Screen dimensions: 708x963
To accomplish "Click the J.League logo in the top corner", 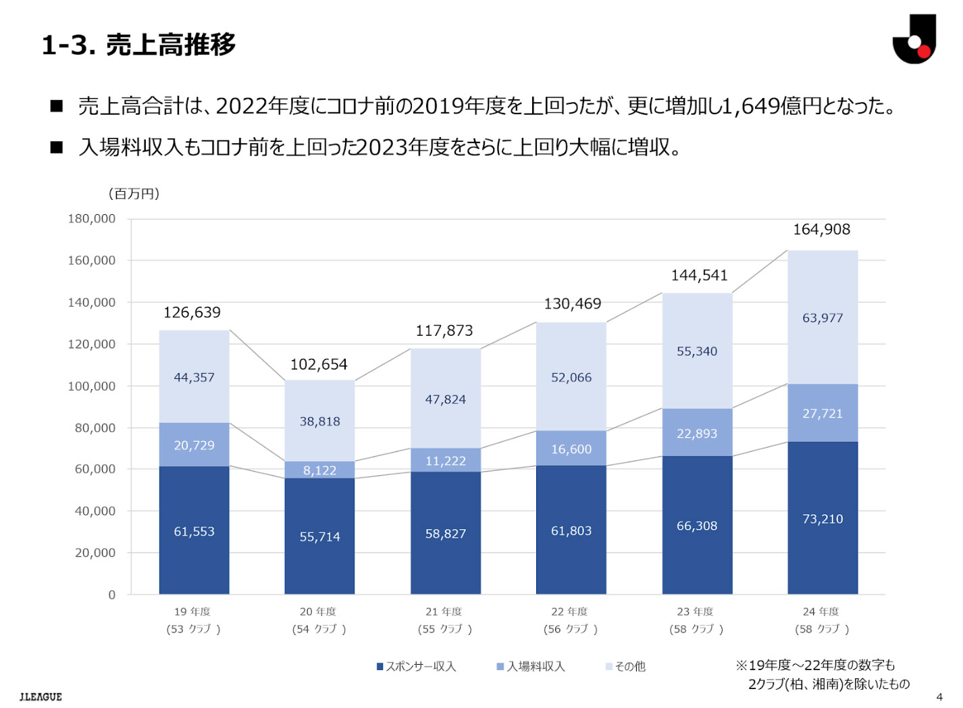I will [914, 39].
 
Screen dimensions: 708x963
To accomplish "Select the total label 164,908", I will [821, 230].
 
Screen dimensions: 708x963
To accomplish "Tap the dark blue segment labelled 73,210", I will [823, 519].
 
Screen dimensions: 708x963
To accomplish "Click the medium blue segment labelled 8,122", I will [319, 470].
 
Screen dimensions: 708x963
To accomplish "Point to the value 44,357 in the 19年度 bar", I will [194, 378].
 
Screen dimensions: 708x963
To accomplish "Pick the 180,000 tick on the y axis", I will [92, 219].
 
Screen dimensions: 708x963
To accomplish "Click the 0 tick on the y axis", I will [112, 595].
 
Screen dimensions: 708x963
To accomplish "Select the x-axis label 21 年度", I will [444, 611].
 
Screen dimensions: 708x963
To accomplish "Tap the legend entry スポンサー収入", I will [416, 666].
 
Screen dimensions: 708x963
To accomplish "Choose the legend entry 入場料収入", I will [531, 666].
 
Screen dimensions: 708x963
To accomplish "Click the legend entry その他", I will [625, 666].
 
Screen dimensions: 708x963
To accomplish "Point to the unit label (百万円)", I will [134, 194].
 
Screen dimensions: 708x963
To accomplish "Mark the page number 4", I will [939, 697].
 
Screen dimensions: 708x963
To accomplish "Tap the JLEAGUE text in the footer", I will [41, 697].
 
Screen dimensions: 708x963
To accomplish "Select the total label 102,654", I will [319, 365].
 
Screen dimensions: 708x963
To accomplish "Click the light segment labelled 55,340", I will [697, 351].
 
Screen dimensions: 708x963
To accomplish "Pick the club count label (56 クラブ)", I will [571, 629].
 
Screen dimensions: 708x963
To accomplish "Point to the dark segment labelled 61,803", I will [571, 531].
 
